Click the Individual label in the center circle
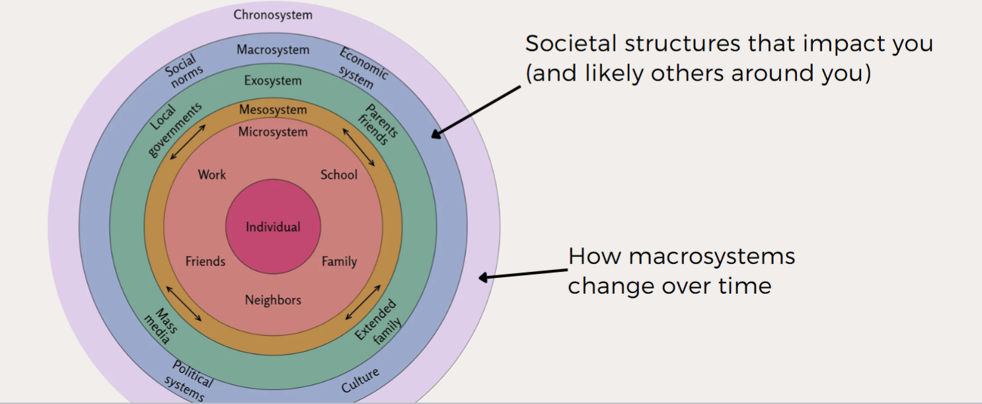(273, 227)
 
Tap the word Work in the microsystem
(211, 175)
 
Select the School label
(338, 175)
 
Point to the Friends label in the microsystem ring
(205, 261)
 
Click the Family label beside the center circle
(339, 261)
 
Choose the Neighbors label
(273, 300)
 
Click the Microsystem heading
(273, 132)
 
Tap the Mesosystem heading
(273, 110)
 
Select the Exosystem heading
(273, 81)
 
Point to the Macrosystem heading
(273, 50)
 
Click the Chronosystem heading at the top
(273, 15)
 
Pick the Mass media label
(159, 325)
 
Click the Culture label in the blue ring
(360, 381)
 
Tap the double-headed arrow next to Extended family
(363, 303)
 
